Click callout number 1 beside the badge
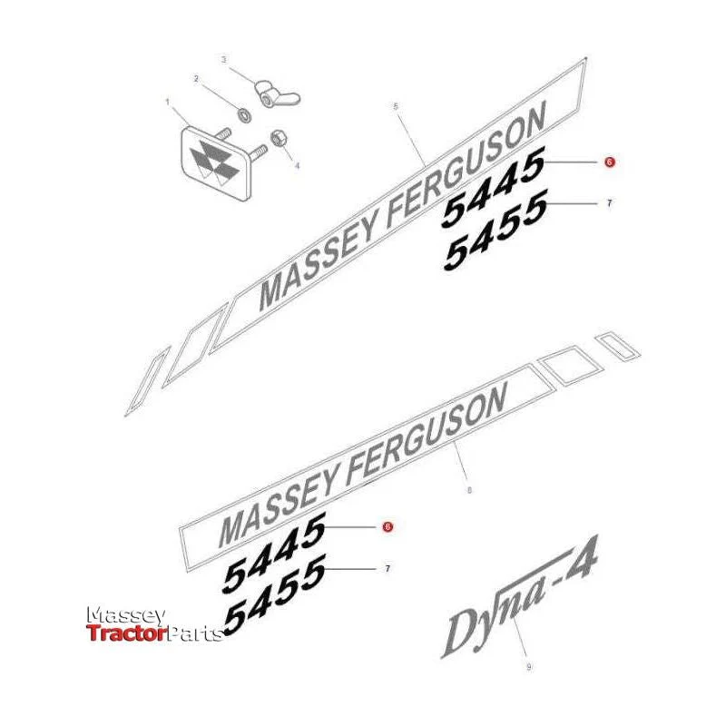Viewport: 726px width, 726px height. click(168, 102)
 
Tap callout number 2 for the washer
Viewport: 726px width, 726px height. click(196, 79)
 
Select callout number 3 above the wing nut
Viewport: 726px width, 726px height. click(224, 60)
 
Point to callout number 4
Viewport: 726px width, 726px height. click(298, 165)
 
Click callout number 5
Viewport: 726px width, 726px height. click(395, 106)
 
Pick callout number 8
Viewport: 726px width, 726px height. click(469, 490)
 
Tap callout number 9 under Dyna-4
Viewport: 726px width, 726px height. click(529, 667)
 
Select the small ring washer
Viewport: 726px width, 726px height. click(244, 114)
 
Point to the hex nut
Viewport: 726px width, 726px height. click(278, 139)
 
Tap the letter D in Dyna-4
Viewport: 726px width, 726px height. click(465, 634)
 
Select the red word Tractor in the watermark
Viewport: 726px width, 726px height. click(126, 633)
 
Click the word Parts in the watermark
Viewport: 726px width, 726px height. click(194, 633)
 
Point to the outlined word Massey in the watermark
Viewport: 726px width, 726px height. click(126, 616)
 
